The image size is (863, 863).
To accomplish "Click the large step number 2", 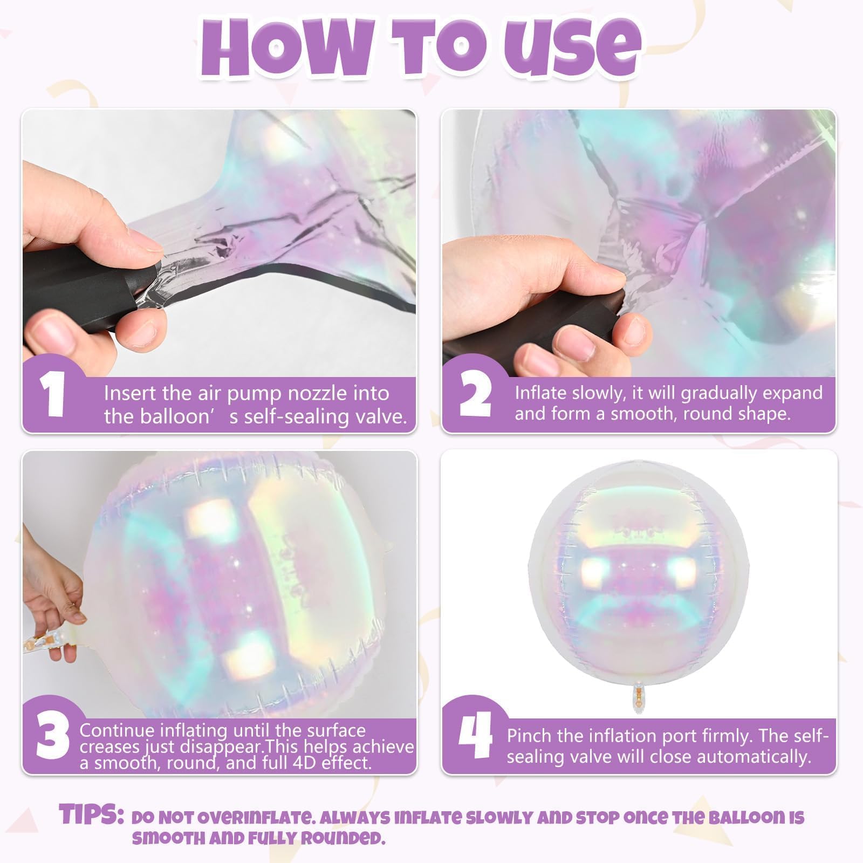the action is click(x=475, y=395).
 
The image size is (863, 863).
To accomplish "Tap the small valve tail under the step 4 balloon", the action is click(x=639, y=696).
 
